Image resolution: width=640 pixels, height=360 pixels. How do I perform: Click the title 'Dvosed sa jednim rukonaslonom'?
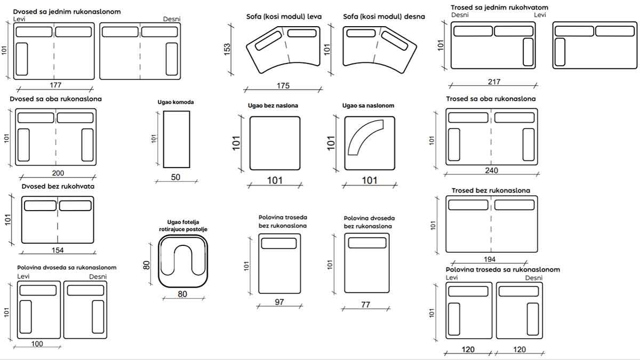tap(67, 11)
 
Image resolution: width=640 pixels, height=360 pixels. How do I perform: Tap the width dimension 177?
tap(55, 85)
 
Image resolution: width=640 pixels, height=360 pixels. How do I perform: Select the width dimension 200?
tap(58, 173)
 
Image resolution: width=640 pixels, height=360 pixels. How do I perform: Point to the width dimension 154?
tap(58, 251)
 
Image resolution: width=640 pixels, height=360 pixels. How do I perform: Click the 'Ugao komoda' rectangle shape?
tap(177, 139)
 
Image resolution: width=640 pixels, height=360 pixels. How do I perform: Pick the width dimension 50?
tap(176, 177)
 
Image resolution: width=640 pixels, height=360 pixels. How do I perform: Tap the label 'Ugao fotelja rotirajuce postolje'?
tap(183, 225)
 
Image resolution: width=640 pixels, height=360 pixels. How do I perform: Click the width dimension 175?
tap(283, 85)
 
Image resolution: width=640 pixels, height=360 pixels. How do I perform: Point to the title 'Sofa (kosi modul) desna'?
tap(384, 17)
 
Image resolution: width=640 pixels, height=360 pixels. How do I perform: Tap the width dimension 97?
tap(279, 302)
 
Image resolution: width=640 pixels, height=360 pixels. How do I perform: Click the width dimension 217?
tap(493, 82)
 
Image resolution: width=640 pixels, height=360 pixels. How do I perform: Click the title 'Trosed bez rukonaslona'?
tap(491, 190)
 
